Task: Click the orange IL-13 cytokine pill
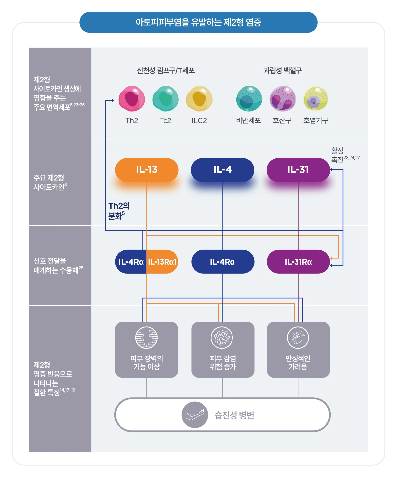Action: point(147,170)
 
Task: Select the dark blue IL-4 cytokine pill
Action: point(223,170)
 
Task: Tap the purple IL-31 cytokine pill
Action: point(298,170)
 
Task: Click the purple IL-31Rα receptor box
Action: point(298,262)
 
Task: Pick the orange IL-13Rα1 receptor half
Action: point(162,262)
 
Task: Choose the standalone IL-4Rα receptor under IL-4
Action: point(223,262)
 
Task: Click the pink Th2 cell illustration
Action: point(132,99)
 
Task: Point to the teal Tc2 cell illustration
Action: point(166,99)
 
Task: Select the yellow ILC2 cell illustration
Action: point(199,99)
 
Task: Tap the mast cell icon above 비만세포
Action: point(249,99)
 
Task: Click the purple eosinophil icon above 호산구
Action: point(282,99)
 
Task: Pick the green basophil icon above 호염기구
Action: point(316,99)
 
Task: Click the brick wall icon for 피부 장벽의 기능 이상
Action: point(146,338)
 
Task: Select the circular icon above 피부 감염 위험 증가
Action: point(222,338)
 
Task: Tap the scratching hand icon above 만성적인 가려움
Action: point(298,338)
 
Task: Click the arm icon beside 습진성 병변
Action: point(195,415)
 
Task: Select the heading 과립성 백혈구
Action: point(283,70)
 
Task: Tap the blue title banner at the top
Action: point(198,22)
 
